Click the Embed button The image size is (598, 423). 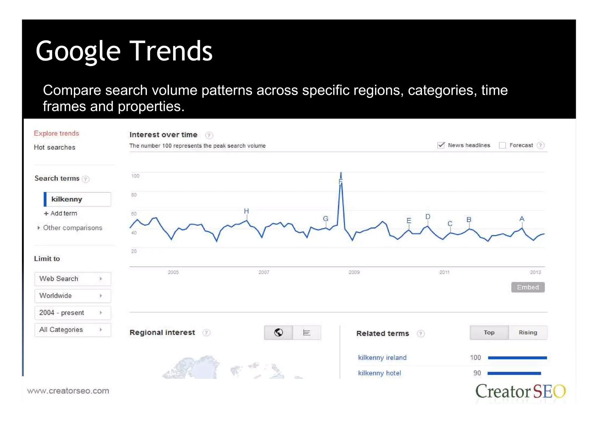pyautogui.click(x=528, y=287)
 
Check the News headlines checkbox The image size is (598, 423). pyautogui.click(x=441, y=145)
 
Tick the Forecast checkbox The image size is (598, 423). pyautogui.click(x=502, y=145)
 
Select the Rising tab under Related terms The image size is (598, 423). pyautogui.click(x=528, y=332)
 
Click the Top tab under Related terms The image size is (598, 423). pyautogui.click(x=489, y=332)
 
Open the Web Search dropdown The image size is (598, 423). pyautogui.click(x=72, y=279)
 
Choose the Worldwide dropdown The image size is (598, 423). pyautogui.click(x=72, y=296)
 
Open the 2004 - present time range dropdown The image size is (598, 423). pyautogui.click(x=72, y=313)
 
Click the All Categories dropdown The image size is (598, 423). pyautogui.click(x=72, y=330)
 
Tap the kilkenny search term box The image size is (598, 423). pyautogui.click(x=77, y=199)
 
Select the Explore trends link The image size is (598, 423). pyautogui.click(x=56, y=133)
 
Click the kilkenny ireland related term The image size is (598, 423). pyautogui.click(x=382, y=358)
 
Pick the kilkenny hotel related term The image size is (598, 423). pyautogui.click(x=380, y=373)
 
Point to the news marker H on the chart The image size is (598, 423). pyautogui.click(x=246, y=211)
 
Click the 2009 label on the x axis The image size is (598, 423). pyautogui.click(x=354, y=272)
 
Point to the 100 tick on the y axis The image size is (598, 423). pyautogui.click(x=135, y=176)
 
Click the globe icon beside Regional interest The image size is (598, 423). pyautogui.click(x=278, y=332)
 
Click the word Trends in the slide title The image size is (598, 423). pyautogui.click(x=171, y=51)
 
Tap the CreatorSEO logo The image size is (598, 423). pyautogui.click(x=520, y=391)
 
